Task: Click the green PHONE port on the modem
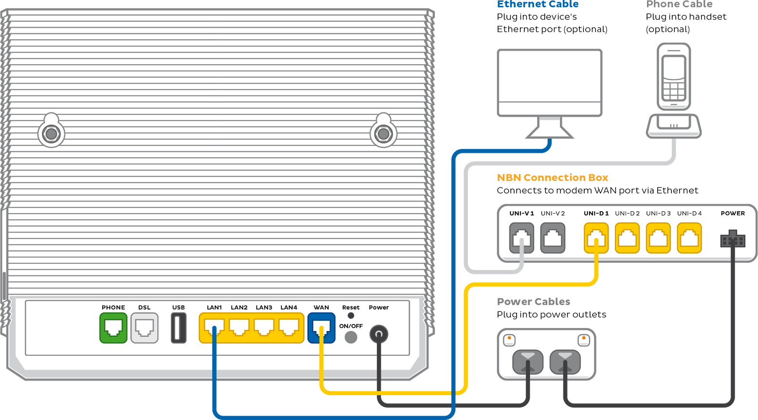tap(113, 328)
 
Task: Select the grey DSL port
tap(145, 328)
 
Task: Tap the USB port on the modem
tap(178, 328)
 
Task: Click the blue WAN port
tap(321, 328)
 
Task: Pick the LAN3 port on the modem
tap(264, 328)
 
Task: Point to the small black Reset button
tap(351, 315)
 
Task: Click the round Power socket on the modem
tap(379, 334)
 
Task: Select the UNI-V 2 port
tap(553, 237)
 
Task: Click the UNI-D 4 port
tap(689, 237)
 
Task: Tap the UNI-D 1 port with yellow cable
tap(596, 237)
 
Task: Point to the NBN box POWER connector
tap(733, 239)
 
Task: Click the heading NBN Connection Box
tap(552, 178)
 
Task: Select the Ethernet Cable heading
tap(537, 4)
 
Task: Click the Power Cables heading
tap(533, 301)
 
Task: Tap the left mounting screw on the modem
tap(51, 134)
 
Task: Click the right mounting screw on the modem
tap(384, 134)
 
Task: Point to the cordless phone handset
tap(674, 76)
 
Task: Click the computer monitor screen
tap(550, 83)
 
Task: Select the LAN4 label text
tap(289, 308)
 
